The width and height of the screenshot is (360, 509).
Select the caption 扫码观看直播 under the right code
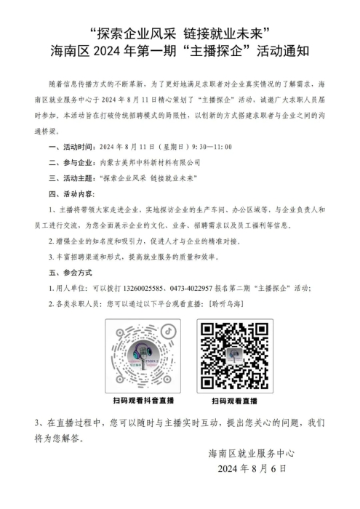234,401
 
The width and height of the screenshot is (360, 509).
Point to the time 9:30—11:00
211,146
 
